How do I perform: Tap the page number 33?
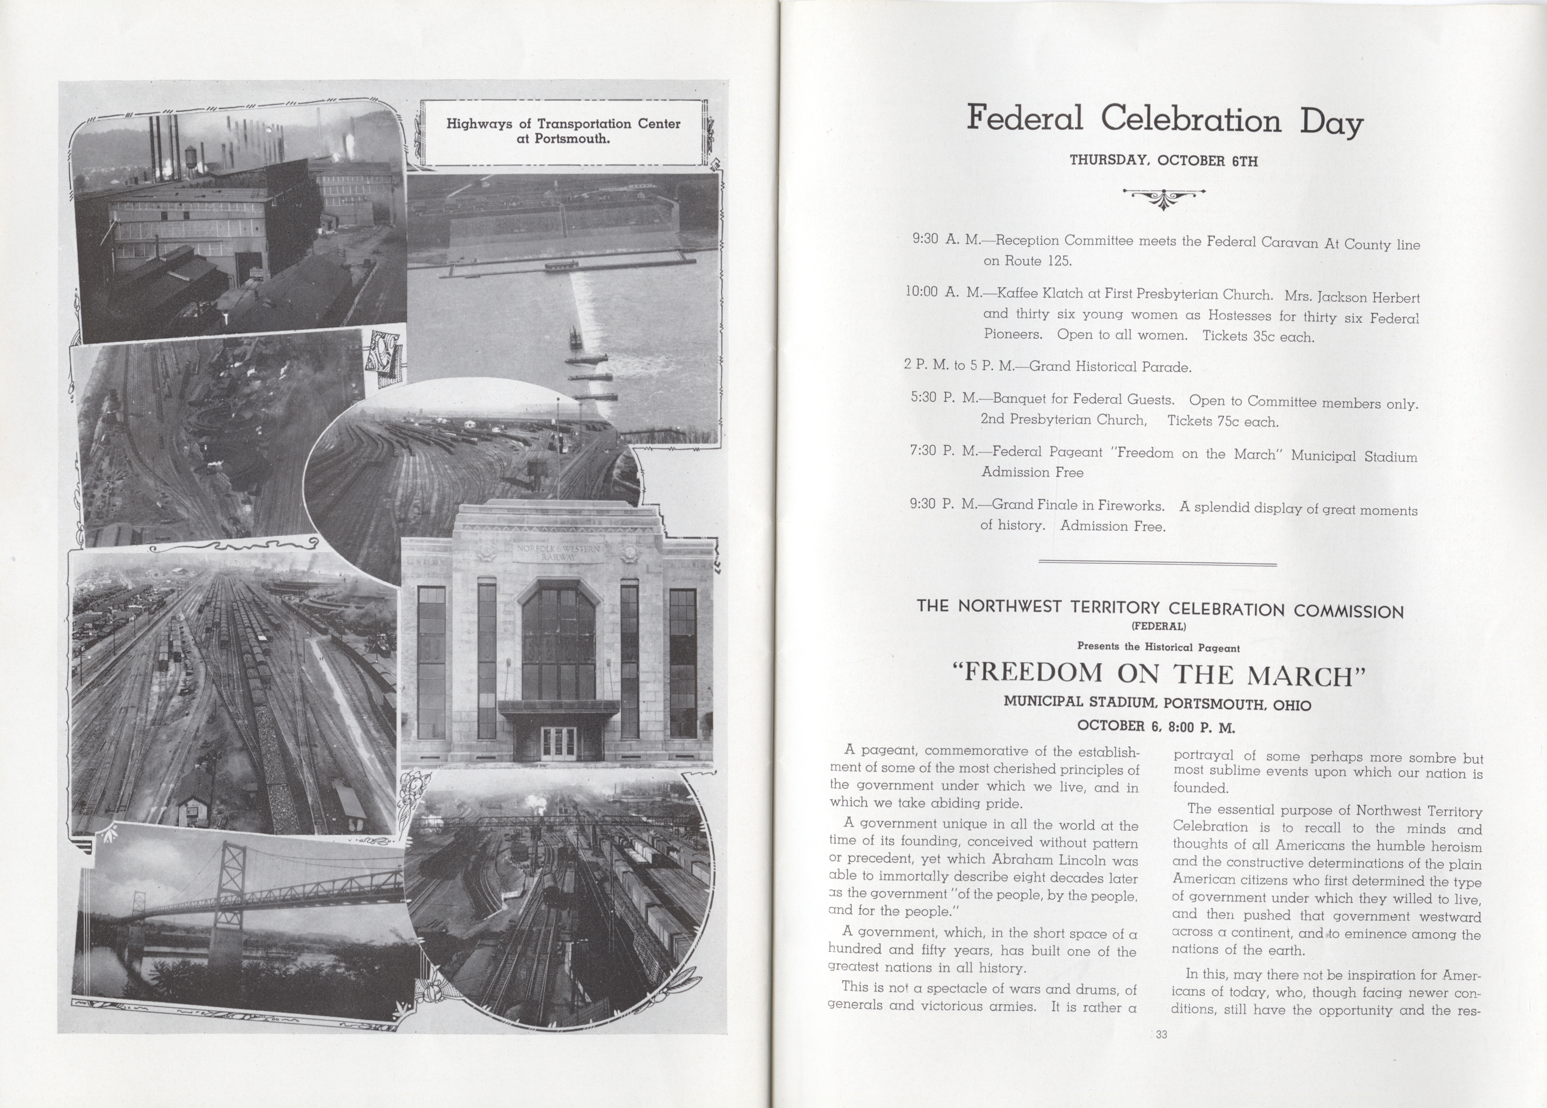point(1161,1034)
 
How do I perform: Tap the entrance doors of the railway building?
point(558,743)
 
